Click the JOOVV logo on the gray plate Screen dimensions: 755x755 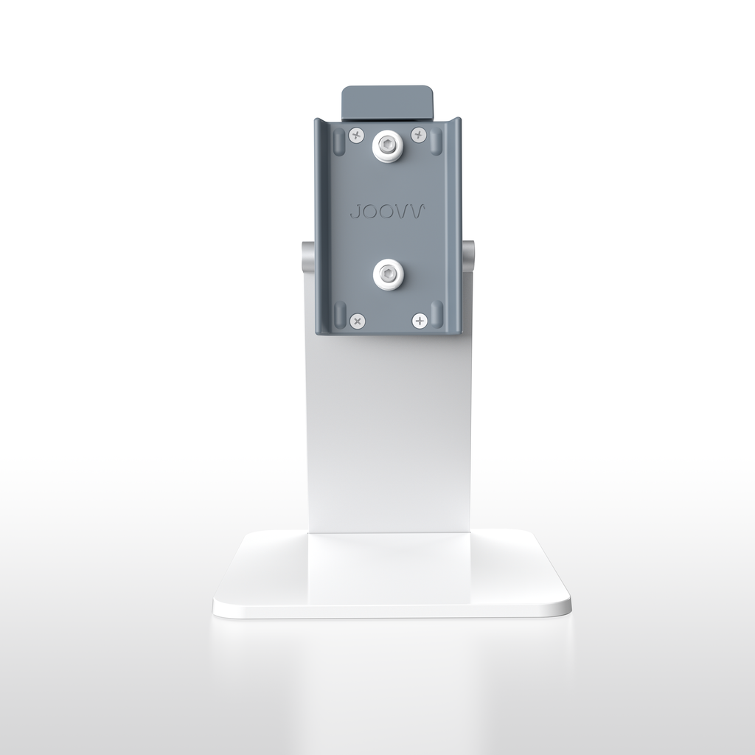coord(387,212)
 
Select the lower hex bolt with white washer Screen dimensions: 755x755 coord(388,275)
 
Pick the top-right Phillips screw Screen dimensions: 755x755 coord(419,134)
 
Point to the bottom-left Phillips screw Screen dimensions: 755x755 coord(357,320)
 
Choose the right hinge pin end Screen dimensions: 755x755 coord(468,255)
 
